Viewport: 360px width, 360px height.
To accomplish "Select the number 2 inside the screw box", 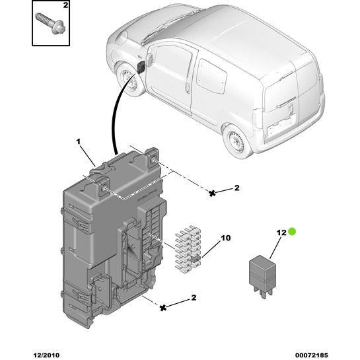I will click(x=65, y=6).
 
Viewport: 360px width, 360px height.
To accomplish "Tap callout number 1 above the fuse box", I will click(x=78, y=142).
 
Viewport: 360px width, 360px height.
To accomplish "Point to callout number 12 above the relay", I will click(x=281, y=233).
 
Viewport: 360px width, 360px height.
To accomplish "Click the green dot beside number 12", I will click(x=293, y=232).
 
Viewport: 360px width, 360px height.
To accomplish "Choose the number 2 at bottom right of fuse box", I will click(x=194, y=298).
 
